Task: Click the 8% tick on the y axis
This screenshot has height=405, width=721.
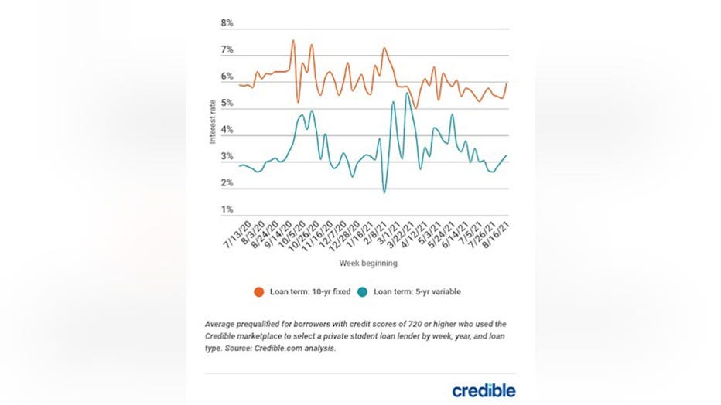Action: tap(227, 23)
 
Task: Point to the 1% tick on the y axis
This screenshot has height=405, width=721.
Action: tap(227, 209)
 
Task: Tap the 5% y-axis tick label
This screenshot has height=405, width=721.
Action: tap(227, 103)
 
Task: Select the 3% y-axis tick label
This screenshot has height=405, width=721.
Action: tap(227, 157)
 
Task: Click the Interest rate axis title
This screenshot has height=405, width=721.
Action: tap(213, 121)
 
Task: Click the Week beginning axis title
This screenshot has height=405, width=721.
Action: tap(368, 264)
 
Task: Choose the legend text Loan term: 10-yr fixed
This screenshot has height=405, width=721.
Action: tap(309, 292)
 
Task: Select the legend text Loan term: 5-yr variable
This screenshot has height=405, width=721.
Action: tap(418, 292)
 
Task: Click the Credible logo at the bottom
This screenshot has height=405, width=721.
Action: tap(484, 390)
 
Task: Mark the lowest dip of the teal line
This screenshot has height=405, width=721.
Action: tap(384, 192)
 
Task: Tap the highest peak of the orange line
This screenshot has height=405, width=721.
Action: tap(293, 40)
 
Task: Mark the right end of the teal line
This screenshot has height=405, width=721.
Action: tap(507, 155)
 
